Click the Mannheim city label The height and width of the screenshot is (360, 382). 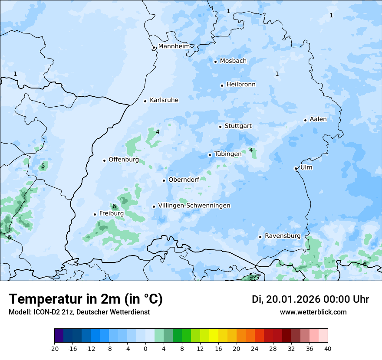click(x=174, y=46)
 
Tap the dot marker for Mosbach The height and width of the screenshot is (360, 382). click(x=215, y=62)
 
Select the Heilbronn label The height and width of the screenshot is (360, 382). click(x=241, y=85)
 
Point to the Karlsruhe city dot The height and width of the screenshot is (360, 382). click(x=145, y=101)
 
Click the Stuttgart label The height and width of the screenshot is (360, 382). click(x=238, y=126)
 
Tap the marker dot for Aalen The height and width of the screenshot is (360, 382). click(x=305, y=120)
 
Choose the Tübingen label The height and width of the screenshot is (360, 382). click(x=228, y=154)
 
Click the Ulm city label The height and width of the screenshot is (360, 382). click(x=306, y=167)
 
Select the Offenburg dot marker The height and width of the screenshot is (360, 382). click(x=104, y=160)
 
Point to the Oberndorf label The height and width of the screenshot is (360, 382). click(x=184, y=180)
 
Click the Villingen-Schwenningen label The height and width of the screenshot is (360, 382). click(x=194, y=206)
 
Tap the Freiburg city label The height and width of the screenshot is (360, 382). click(x=111, y=213)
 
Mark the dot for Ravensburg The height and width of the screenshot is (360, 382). click(x=260, y=237)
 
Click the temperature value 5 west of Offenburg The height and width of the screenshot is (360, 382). click(x=43, y=166)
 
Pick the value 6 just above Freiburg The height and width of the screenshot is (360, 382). click(x=114, y=206)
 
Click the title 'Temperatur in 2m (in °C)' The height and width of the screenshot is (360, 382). click(x=86, y=299)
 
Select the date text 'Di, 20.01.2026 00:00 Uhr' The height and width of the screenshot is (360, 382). click(x=310, y=299)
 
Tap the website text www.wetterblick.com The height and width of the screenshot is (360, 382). click(x=313, y=312)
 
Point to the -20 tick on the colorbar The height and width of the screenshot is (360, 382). click(x=54, y=348)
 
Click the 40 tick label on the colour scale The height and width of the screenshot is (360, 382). click(x=327, y=348)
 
